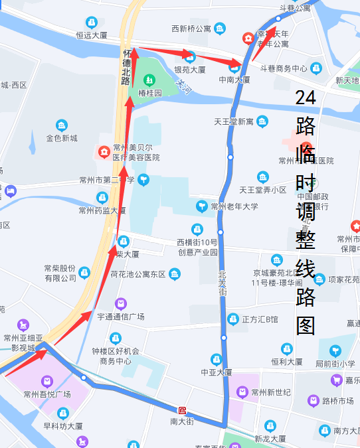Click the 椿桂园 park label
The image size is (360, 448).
[150, 94]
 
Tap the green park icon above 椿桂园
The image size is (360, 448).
[149, 80]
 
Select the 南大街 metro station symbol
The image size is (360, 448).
[183, 410]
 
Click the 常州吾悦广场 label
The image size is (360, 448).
[46, 394]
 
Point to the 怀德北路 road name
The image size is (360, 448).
[126, 66]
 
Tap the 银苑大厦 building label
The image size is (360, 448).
[189, 69]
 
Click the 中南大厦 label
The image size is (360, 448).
[234, 79]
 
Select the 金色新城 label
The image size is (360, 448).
[61, 138]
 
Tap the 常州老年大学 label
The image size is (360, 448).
[233, 206]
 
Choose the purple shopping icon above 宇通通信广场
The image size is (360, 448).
[120, 303]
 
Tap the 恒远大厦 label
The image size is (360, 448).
[92, 35]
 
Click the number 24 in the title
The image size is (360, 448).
[306, 98]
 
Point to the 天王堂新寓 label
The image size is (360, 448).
[233, 122]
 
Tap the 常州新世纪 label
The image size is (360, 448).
[271, 392]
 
